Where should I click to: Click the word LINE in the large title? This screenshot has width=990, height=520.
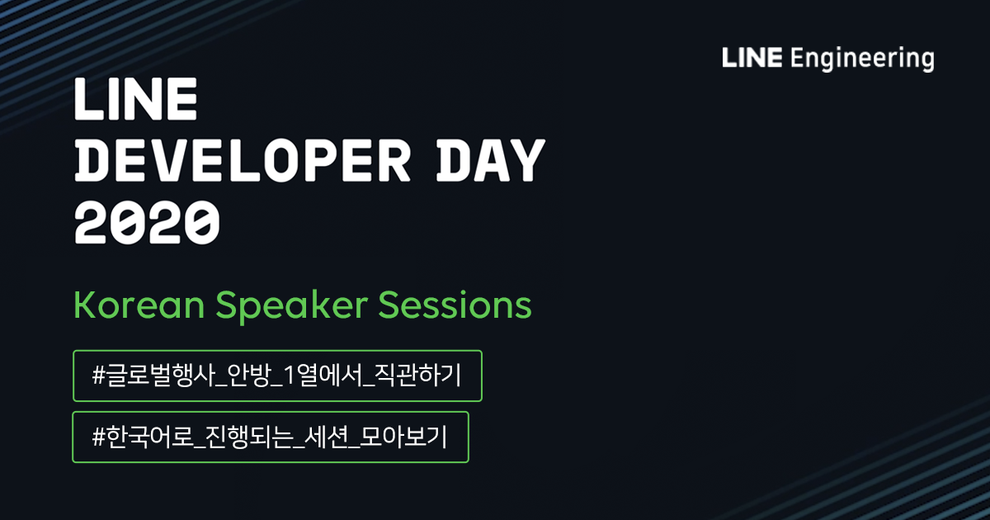[135, 100]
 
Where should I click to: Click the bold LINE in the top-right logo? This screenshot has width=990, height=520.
[752, 59]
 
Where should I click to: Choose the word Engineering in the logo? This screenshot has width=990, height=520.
[861, 60]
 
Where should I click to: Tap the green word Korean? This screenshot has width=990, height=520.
[139, 305]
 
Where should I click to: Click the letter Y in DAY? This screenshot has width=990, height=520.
[529, 160]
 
